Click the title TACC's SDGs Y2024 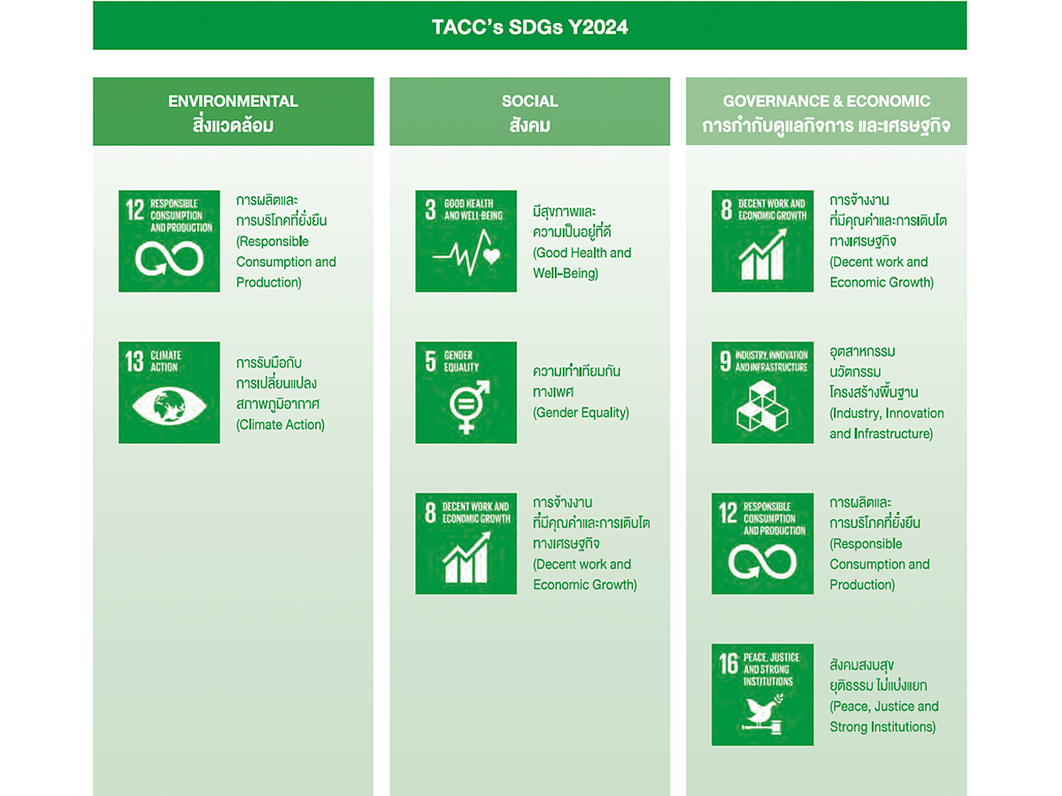pyautogui.click(x=530, y=27)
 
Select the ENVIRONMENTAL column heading pyautogui.click(x=234, y=101)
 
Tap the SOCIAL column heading pyautogui.click(x=530, y=101)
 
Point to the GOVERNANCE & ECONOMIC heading pyautogui.click(x=827, y=101)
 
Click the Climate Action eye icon pyautogui.click(x=169, y=405)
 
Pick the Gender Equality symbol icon pyautogui.click(x=468, y=407)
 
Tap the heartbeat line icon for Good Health pyautogui.click(x=466, y=253)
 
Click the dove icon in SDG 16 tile pyautogui.click(x=763, y=715)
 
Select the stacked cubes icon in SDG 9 pyautogui.click(x=762, y=406)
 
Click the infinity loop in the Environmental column pyautogui.click(x=169, y=258)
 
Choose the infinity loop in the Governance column pyautogui.click(x=763, y=561)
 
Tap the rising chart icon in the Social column pyautogui.click(x=466, y=558)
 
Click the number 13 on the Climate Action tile pyautogui.click(x=135, y=361)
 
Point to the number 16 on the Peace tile pyautogui.click(x=728, y=663)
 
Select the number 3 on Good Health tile pyautogui.click(x=430, y=210)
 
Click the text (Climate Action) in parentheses pyautogui.click(x=281, y=425)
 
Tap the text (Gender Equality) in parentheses pyautogui.click(x=581, y=412)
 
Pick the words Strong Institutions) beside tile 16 pyautogui.click(x=882, y=726)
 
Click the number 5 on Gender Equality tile pyautogui.click(x=430, y=361)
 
